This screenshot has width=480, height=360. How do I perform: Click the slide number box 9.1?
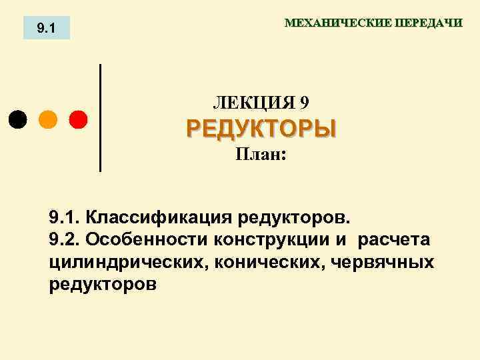[46, 28]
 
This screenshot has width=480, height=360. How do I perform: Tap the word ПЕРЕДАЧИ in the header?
[428, 23]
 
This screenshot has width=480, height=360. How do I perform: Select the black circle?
[18, 119]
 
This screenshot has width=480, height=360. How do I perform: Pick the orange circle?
[48, 119]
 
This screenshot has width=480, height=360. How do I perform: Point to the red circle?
[78, 119]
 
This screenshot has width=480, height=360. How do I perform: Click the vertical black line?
[100, 118]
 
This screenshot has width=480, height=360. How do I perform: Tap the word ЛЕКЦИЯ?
[253, 103]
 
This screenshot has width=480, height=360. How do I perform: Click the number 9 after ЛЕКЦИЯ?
[305, 103]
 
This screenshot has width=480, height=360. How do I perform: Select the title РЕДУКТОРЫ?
[261, 128]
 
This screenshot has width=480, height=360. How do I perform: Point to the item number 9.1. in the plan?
[65, 217]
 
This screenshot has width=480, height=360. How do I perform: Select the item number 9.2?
[65, 239]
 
